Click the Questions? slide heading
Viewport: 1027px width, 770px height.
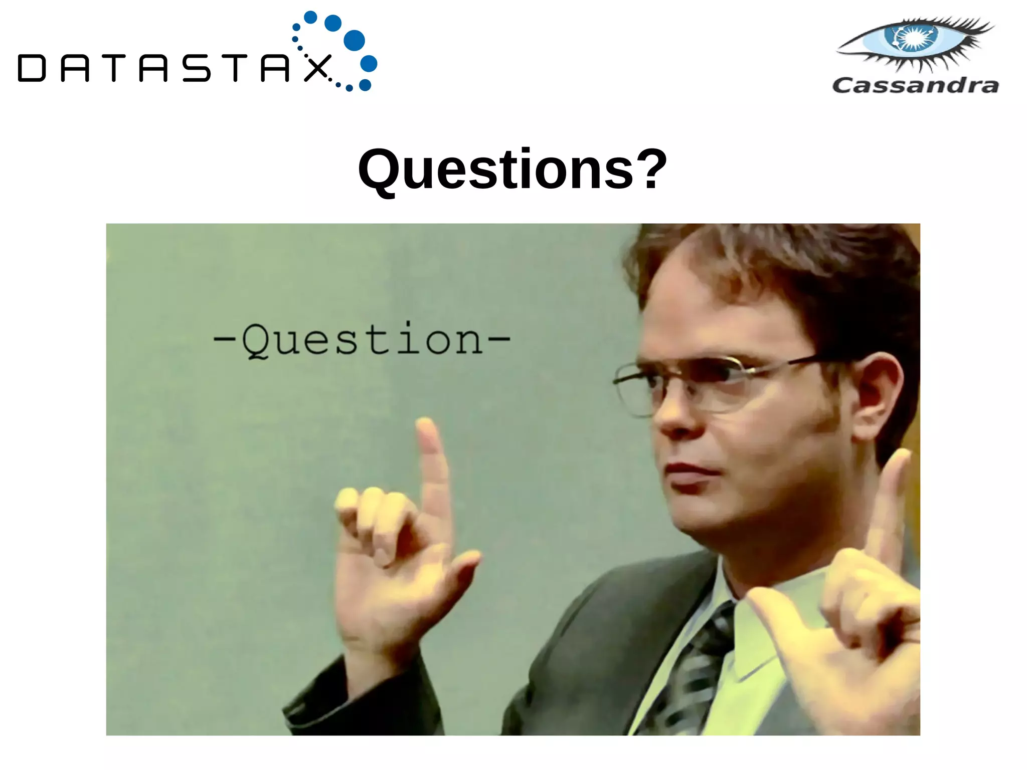coord(512,170)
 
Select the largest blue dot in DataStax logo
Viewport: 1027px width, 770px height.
coord(355,41)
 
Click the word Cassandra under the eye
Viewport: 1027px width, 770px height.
coord(915,85)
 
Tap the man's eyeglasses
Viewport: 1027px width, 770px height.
coord(712,381)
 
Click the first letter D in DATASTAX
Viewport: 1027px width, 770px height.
coord(32,69)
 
